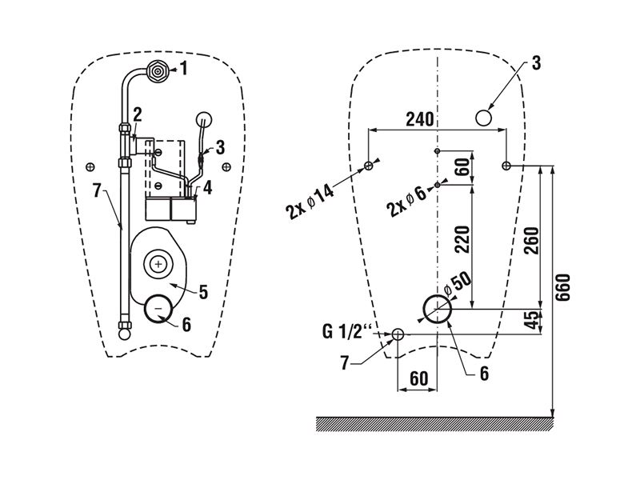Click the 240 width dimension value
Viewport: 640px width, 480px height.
coord(419,119)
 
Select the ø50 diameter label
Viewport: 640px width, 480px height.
coord(460,283)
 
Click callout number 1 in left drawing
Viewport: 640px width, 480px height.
coord(184,70)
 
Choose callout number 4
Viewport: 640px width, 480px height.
coord(207,189)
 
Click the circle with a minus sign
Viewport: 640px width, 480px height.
coord(159,308)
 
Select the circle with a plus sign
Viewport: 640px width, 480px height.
coord(159,263)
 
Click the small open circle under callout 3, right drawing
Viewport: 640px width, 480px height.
coord(483,118)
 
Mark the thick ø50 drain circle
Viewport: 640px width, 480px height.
coord(437,308)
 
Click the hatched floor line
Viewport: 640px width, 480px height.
coord(436,422)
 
